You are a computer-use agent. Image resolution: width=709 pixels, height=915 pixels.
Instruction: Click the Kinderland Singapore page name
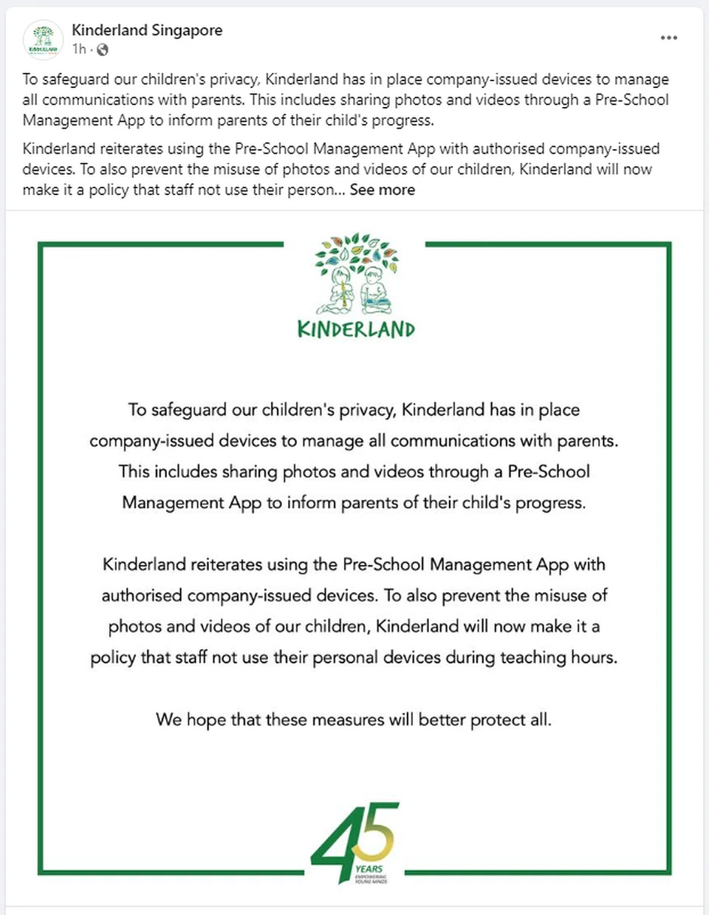(x=147, y=30)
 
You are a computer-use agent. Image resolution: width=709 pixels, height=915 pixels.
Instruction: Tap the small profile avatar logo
(x=43, y=39)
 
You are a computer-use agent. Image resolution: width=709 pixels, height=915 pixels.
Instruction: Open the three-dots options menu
(x=668, y=38)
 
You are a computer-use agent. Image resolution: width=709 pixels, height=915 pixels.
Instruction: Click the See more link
(x=382, y=190)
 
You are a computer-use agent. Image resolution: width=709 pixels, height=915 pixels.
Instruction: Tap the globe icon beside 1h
(x=103, y=49)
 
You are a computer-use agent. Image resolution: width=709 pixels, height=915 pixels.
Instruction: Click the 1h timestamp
(x=79, y=49)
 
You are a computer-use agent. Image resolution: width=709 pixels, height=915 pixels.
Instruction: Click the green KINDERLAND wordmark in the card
(x=356, y=329)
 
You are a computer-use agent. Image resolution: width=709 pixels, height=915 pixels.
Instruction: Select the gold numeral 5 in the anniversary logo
(x=380, y=831)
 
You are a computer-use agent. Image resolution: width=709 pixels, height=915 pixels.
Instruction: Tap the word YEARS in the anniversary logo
(x=369, y=869)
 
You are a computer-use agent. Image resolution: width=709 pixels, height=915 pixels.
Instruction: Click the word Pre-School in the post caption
(x=631, y=100)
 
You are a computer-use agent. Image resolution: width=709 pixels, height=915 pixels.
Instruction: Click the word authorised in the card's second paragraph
(x=142, y=596)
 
